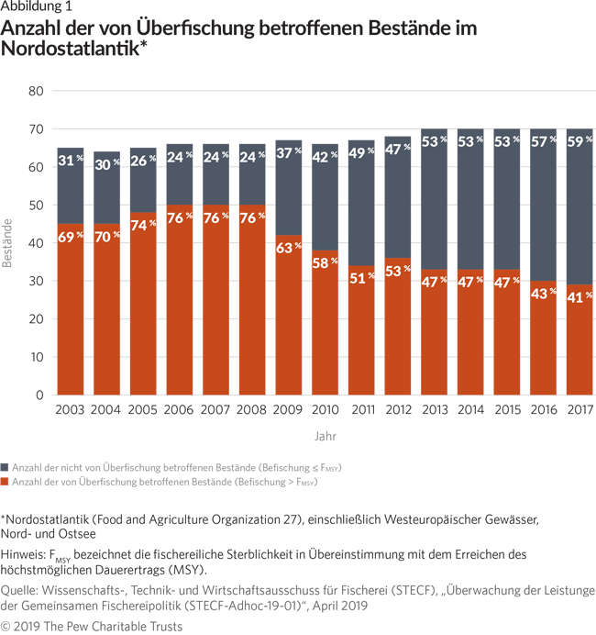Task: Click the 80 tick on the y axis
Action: pyautogui.click(x=36, y=91)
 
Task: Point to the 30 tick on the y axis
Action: pyautogui.click(x=36, y=281)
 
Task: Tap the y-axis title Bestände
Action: pyautogui.click(x=8, y=243)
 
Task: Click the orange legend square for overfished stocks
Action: pyautogui.click(x=6, y=482)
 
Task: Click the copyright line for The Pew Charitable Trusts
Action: pyautogui.click(x=92, y=626)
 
